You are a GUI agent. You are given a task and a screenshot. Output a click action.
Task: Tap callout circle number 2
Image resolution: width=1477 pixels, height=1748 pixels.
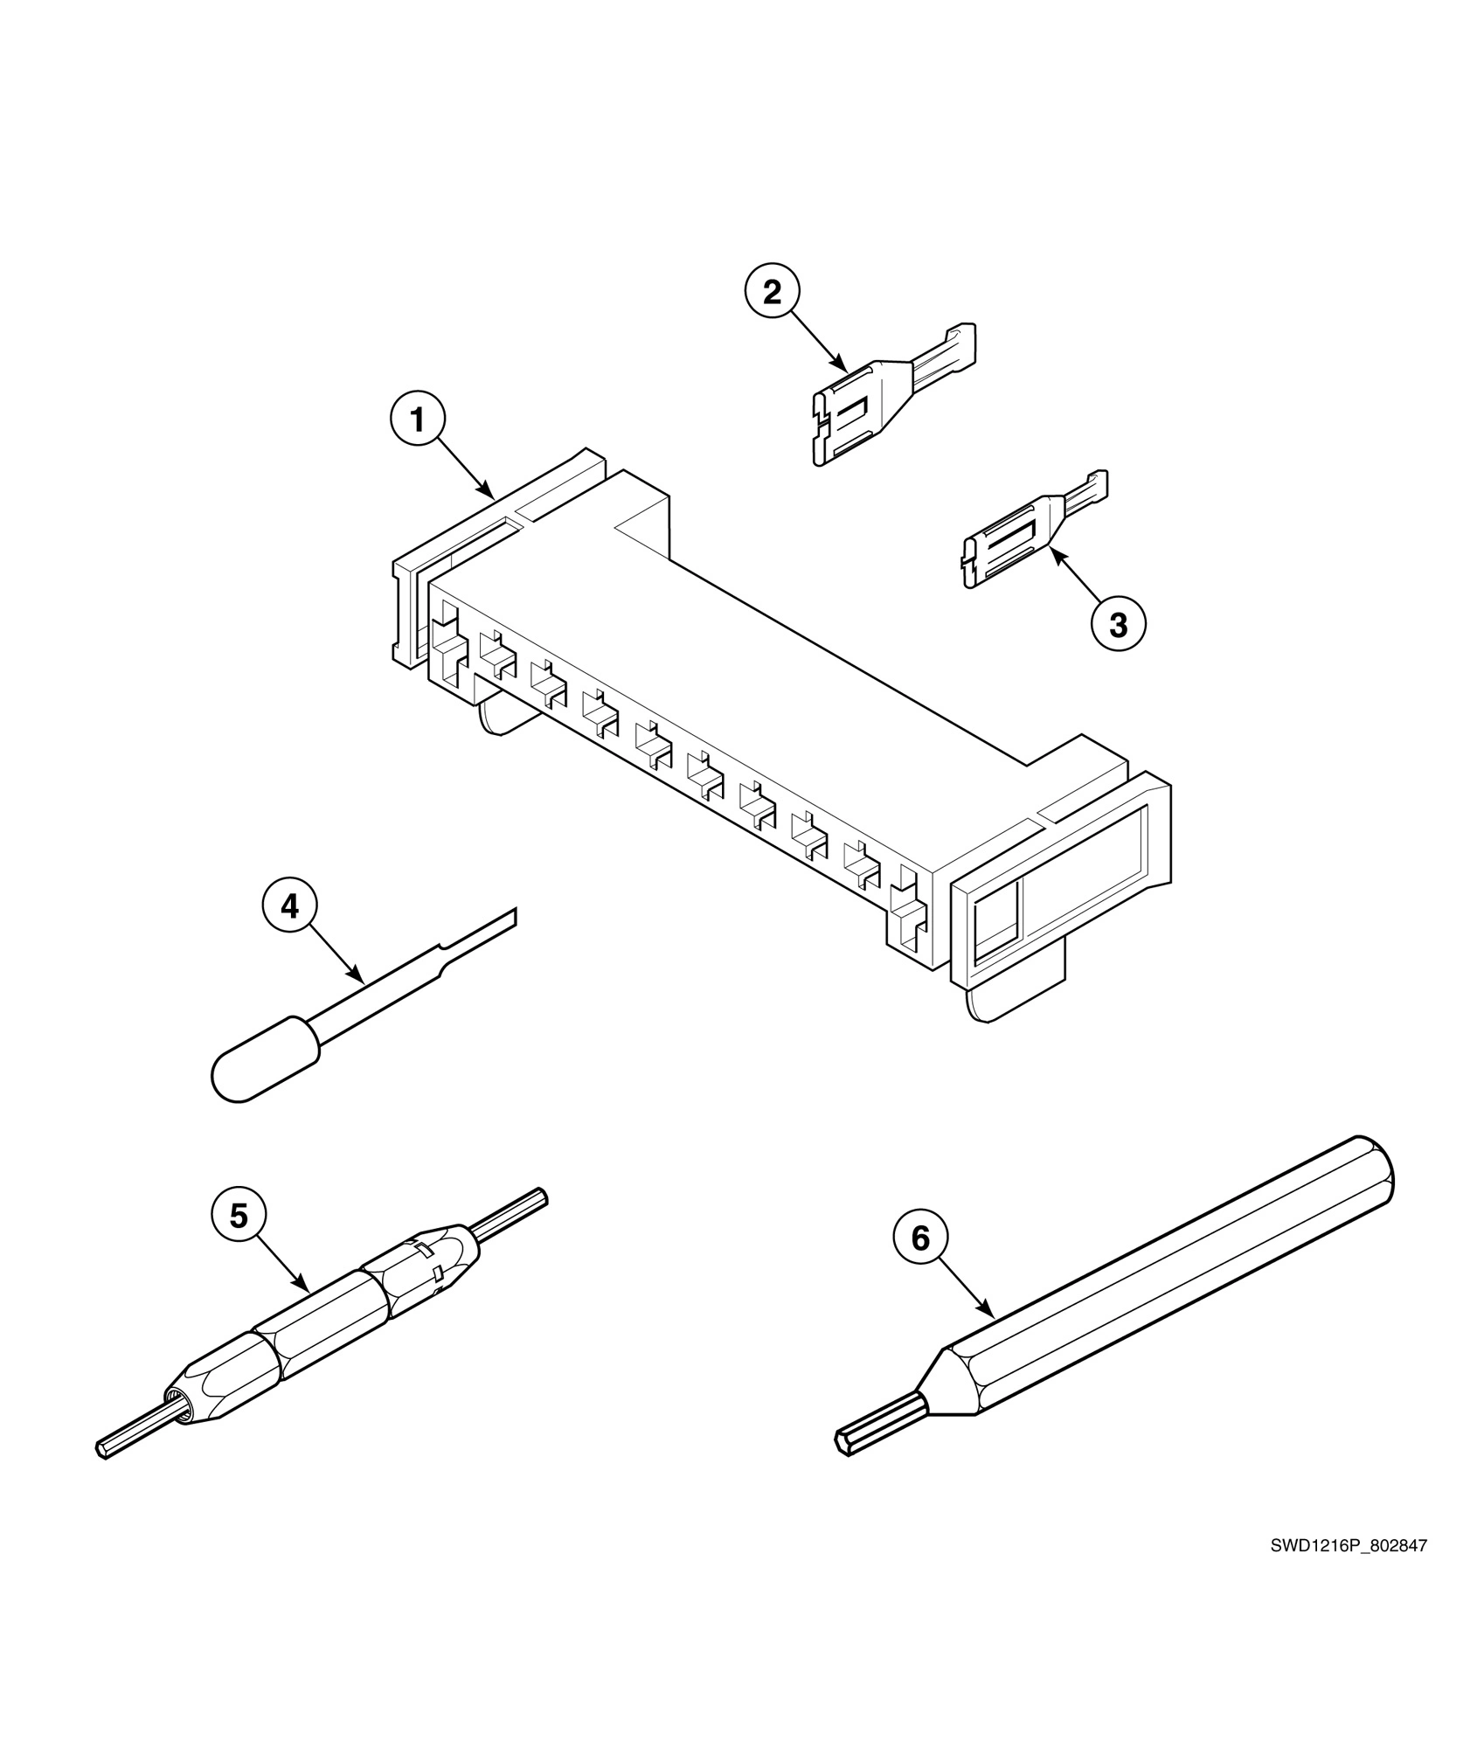click(x=773, y=293)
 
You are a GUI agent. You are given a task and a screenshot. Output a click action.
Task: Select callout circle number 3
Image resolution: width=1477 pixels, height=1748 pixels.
click(x=1119, y=624)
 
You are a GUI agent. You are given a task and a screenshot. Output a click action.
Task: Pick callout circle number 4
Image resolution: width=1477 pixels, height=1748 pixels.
click(x=290, y=906)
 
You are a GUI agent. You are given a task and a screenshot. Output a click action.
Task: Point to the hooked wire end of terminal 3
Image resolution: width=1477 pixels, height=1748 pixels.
click(x=1097, y=485)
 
